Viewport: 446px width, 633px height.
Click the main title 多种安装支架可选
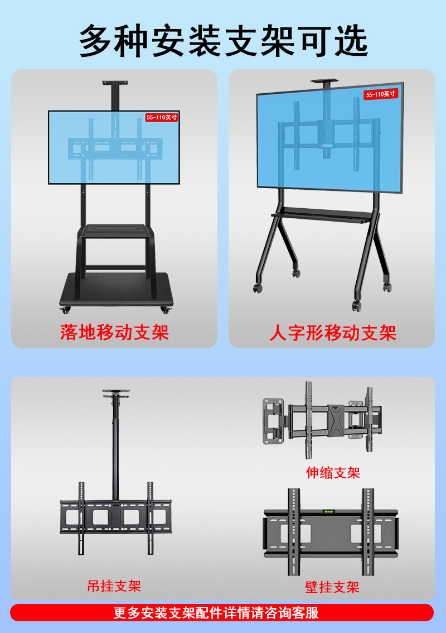click(x=223, y=40)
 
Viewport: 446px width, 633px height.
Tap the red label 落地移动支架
click(x=114, y=332)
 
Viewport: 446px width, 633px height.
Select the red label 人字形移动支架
click(x=333, y=333)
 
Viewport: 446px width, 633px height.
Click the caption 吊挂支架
click(x=114, y=586)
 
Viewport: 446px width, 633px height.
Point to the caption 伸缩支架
click(x=333, y=473)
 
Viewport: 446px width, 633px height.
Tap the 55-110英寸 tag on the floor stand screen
click(x=162, y=117)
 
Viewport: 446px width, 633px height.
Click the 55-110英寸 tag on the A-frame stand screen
click(x=381, y=94)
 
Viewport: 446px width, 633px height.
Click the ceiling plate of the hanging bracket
click(x=115, y=392)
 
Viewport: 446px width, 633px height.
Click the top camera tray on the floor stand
click(x=115, y=84)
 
